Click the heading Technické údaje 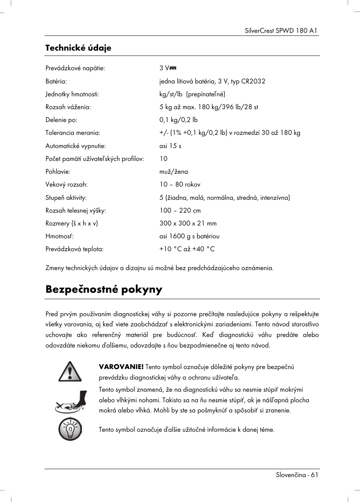78,48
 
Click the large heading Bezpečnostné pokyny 104,289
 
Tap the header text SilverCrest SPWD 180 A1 281,31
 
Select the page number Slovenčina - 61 297,475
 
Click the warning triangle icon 70,372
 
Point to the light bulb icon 70,429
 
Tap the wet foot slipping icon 71,402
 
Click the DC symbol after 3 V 173,68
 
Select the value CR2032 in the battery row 253,81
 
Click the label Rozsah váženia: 68,107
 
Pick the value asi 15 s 170,146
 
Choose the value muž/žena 174,171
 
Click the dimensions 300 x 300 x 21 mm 188,223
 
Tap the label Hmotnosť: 60,236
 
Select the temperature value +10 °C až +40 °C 187,249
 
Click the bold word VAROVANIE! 121,367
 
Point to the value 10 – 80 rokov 180,185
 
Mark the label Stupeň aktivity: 66,198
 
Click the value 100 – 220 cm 180,210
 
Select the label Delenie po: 61,120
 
